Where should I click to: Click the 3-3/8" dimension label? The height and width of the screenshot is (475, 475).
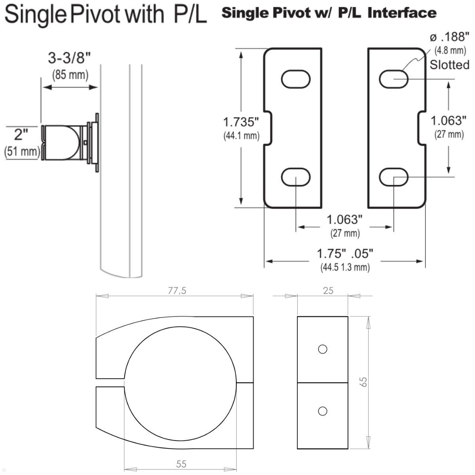click(x=69, y=58)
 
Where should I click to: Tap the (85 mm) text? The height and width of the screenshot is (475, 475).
click(x=70, y=74)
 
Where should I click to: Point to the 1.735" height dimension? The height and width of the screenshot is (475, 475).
click(x=241, y=121)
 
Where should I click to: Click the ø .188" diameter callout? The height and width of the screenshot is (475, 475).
click(x=450, y=38)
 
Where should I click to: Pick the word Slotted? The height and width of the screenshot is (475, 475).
click(x=450, y=65)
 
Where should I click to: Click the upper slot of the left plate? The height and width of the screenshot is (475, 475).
click(x=296, y=79)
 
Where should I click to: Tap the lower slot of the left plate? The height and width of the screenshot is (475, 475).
click(x=296, y=177)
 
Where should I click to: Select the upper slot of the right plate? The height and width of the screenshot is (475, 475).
click(x=393, y=79)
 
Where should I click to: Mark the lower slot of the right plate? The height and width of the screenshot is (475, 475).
click(x=393, y=177)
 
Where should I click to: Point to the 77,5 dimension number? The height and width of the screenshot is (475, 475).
click(x=177, y=291)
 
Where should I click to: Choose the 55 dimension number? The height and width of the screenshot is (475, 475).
click(x=181, y=464)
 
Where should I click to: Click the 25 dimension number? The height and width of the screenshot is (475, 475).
click(x=328, y=291)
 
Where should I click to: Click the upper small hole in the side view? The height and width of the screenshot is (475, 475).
click(x=323, y=349)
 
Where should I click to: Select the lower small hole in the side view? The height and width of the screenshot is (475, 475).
click(x=323, y=411)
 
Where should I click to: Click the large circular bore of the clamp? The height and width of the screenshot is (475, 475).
click(x=180, y=383)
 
